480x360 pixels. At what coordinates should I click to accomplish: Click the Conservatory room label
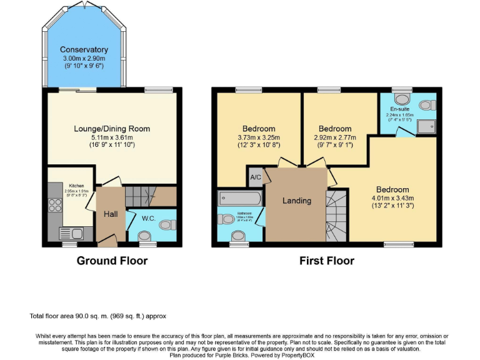pyautogui.click(x=84, y=49)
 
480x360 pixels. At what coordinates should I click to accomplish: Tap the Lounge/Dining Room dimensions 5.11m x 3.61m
pyautogui.click(x=112, y=137)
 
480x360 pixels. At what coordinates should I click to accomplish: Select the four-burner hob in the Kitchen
pyautogui.click(x=54, y=204)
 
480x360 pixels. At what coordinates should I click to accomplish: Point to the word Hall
pyautogui.click(x=111, y=214)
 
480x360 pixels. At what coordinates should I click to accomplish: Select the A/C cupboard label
pyautogui.click(x=255, y=177)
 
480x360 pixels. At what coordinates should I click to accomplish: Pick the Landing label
pyautogui.click(x=296, y=201)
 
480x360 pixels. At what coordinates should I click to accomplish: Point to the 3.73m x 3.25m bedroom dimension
pyautogui.click(x=258, y=137)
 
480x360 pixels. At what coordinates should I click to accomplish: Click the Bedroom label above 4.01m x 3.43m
pyautogui.click(x=392, y=189)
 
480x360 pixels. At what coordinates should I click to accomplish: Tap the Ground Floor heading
pyautogui.click(x=112, y=261)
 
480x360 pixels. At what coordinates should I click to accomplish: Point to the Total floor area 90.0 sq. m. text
pyautogui.click(x=97, y=316)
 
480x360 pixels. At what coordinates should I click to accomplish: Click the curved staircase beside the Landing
pyautogui.click(x=337, y=216)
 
